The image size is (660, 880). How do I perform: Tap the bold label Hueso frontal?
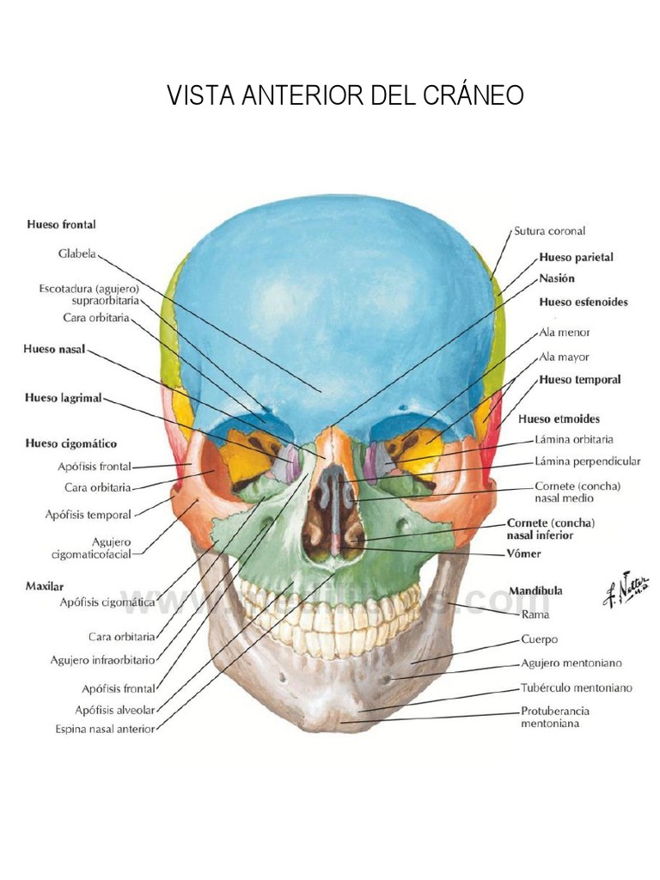(61, 224)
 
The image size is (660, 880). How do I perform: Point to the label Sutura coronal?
(549, 231)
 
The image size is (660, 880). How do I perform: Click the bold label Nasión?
(557, 278)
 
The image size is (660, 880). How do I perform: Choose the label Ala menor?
(564, 332)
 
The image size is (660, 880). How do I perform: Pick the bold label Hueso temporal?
(579, 379)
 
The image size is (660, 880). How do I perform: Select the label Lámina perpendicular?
(588, 461)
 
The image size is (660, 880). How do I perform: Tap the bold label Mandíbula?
(535, 591)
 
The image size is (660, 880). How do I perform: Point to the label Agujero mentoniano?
(571, 663)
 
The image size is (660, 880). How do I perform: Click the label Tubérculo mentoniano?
(576, 687)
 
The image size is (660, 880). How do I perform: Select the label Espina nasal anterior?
(104, 730)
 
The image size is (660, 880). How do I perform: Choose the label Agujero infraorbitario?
(102, 660)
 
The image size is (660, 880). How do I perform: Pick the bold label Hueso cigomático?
(71, 444)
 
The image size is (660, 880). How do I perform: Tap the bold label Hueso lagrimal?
(64, 398)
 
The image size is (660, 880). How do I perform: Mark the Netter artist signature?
(625, 590)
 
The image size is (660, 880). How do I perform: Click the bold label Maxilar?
(46, 585)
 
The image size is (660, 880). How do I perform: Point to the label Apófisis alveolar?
(114, 710)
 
